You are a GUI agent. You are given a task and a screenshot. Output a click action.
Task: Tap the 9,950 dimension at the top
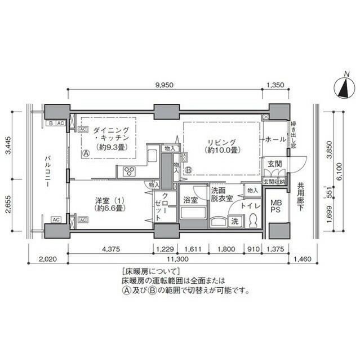tap(165, 84)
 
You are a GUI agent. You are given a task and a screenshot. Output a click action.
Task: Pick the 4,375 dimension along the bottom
tap(111, 249)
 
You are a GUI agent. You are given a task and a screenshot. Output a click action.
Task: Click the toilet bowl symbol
tap(253, 219)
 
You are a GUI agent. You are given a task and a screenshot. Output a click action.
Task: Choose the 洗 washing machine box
tap(234, 221)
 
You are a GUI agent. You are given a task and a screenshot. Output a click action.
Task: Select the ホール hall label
tap(275, 139)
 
